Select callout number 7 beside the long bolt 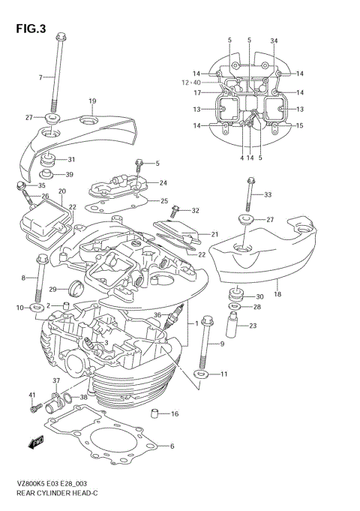[x=41, y=77]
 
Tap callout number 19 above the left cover [x=92, y=101]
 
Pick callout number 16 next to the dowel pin [x=174, y=413]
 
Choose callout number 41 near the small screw [x=32, y=395]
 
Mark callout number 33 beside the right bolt [x=268, y=195]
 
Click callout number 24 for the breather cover [x=163, y=183]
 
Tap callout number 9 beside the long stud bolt [x=222, y=344]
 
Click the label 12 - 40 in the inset [x=190, y=82]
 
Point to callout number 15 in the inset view [x=299, y=126]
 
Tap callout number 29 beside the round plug [x=53, y=289]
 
